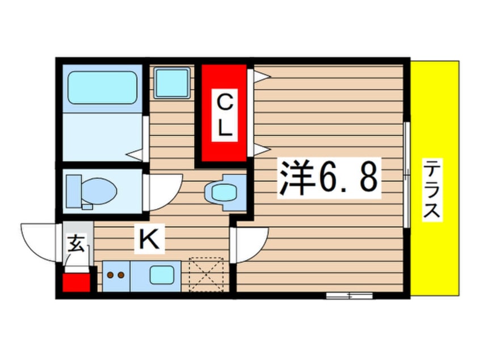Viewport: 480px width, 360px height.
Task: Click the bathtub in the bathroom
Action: coord(103,87)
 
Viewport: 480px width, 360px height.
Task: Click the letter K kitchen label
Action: coord(149,240)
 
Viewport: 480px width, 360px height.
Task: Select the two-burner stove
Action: coord(116,277)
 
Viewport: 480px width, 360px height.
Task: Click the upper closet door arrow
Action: coord(259,76)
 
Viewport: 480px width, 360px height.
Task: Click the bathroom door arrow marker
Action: coord(134,153)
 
